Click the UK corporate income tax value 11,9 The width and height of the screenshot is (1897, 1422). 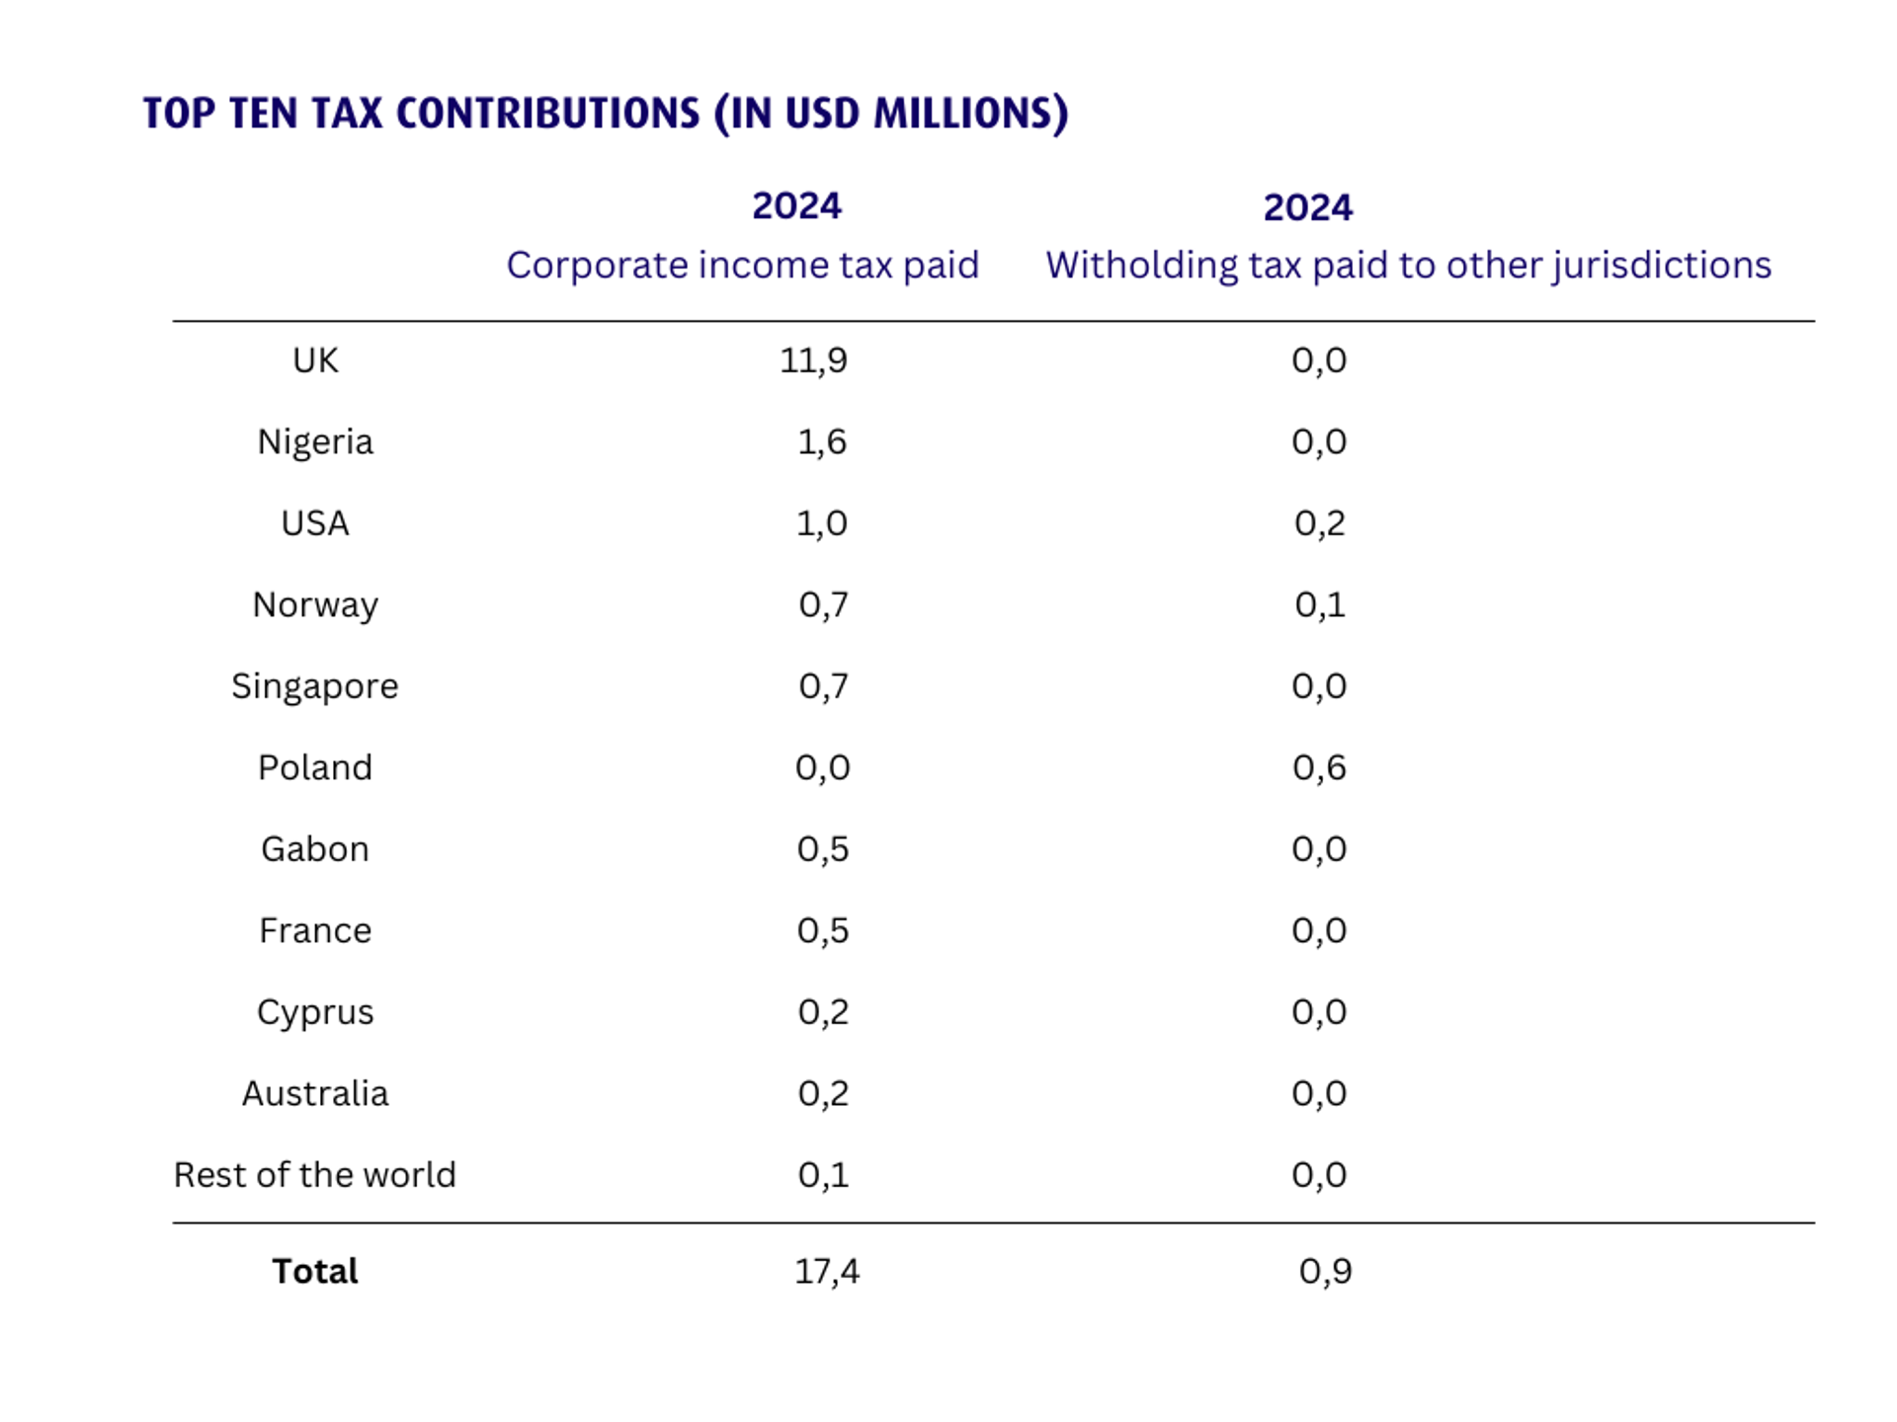[x=813, y=360]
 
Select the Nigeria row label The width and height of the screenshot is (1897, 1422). [x=315, y=441]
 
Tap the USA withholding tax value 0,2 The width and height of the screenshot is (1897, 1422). [x=1319, y=523]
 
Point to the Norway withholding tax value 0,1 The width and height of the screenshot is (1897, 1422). [x=1319, y=604]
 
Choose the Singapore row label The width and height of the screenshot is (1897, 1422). [x=314, y=686]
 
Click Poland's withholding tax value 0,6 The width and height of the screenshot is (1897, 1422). [x=1319, y=767]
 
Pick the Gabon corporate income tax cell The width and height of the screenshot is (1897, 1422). [x=822, y=849]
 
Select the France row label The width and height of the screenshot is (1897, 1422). [x=315, y=930]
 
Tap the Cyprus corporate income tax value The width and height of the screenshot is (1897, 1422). [x=822, y=1012]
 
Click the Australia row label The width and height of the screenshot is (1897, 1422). [x=315, y=1093]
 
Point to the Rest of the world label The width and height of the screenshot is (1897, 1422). [x=314, y=1175]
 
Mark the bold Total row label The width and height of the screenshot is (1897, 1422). [x=314, y=1271]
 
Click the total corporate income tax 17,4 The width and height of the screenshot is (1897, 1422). [x=826, y=1271]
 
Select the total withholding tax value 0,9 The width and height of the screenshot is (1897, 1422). [x=1325, y=1271]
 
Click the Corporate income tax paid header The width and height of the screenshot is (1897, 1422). [x=742, y=266]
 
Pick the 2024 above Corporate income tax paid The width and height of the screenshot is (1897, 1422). [x=796, y=206]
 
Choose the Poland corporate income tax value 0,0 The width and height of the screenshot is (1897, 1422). [x=822, y=767]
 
